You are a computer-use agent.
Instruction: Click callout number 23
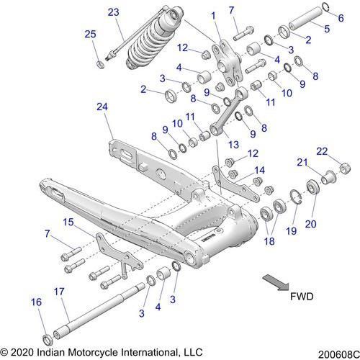click(x=113, y=12)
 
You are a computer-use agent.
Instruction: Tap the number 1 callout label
click(x=213, y=15)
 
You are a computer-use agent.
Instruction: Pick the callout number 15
click(x=67, y=222)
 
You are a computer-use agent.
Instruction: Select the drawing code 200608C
click(x=333, y=351)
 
